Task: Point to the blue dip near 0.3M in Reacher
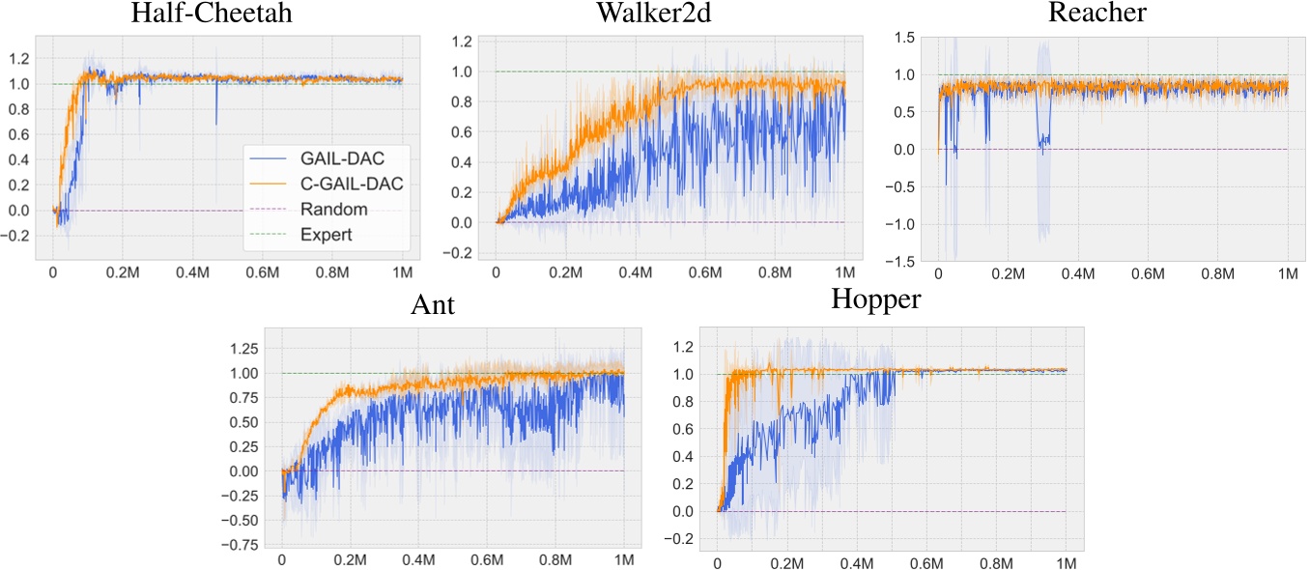1043,143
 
